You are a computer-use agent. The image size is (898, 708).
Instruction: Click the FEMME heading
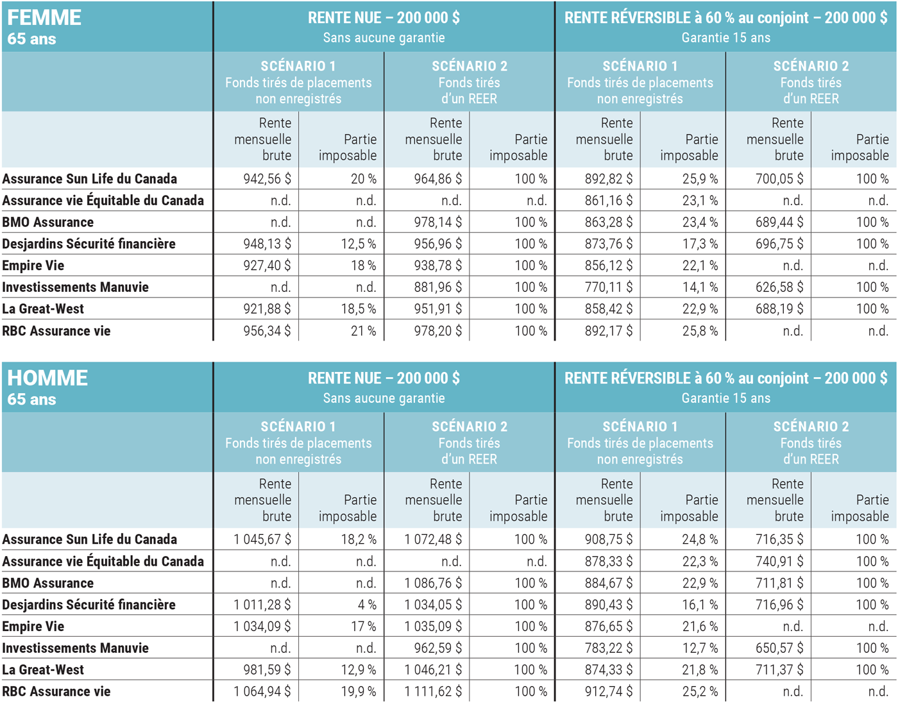pos(44,18)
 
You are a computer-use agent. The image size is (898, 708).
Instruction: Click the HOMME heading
pos(47,378)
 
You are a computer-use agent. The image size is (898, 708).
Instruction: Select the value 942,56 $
pos(267,179)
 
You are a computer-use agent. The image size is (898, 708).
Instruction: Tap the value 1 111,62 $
pos(433,692)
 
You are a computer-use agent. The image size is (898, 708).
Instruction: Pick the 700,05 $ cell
pos(779,179)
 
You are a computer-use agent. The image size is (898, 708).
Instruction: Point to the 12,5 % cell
pos(359,244)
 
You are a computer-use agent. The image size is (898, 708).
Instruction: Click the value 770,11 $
pos(609,287)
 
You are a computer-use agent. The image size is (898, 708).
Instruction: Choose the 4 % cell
pos(367,605)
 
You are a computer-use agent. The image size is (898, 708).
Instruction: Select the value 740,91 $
pos(779,562)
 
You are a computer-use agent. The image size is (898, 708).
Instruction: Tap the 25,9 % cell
pos(700,179)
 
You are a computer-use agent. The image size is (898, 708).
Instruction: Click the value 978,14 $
pos(437,223)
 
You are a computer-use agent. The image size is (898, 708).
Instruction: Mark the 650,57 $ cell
pos(779,648)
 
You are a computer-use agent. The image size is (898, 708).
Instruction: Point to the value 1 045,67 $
pos(262,539)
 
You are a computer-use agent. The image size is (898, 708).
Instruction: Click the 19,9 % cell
pos(359,692)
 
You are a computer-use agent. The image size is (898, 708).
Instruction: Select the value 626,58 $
pos(779,287)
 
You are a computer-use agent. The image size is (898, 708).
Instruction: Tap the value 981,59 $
pos(267,670)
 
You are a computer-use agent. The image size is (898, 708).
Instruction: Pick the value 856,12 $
pos(609,265)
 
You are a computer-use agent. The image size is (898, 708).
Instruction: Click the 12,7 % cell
pos(700,648)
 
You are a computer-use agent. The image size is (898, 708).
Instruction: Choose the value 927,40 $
pos(267,265)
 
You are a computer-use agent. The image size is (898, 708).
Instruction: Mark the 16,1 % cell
pos(700,605)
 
